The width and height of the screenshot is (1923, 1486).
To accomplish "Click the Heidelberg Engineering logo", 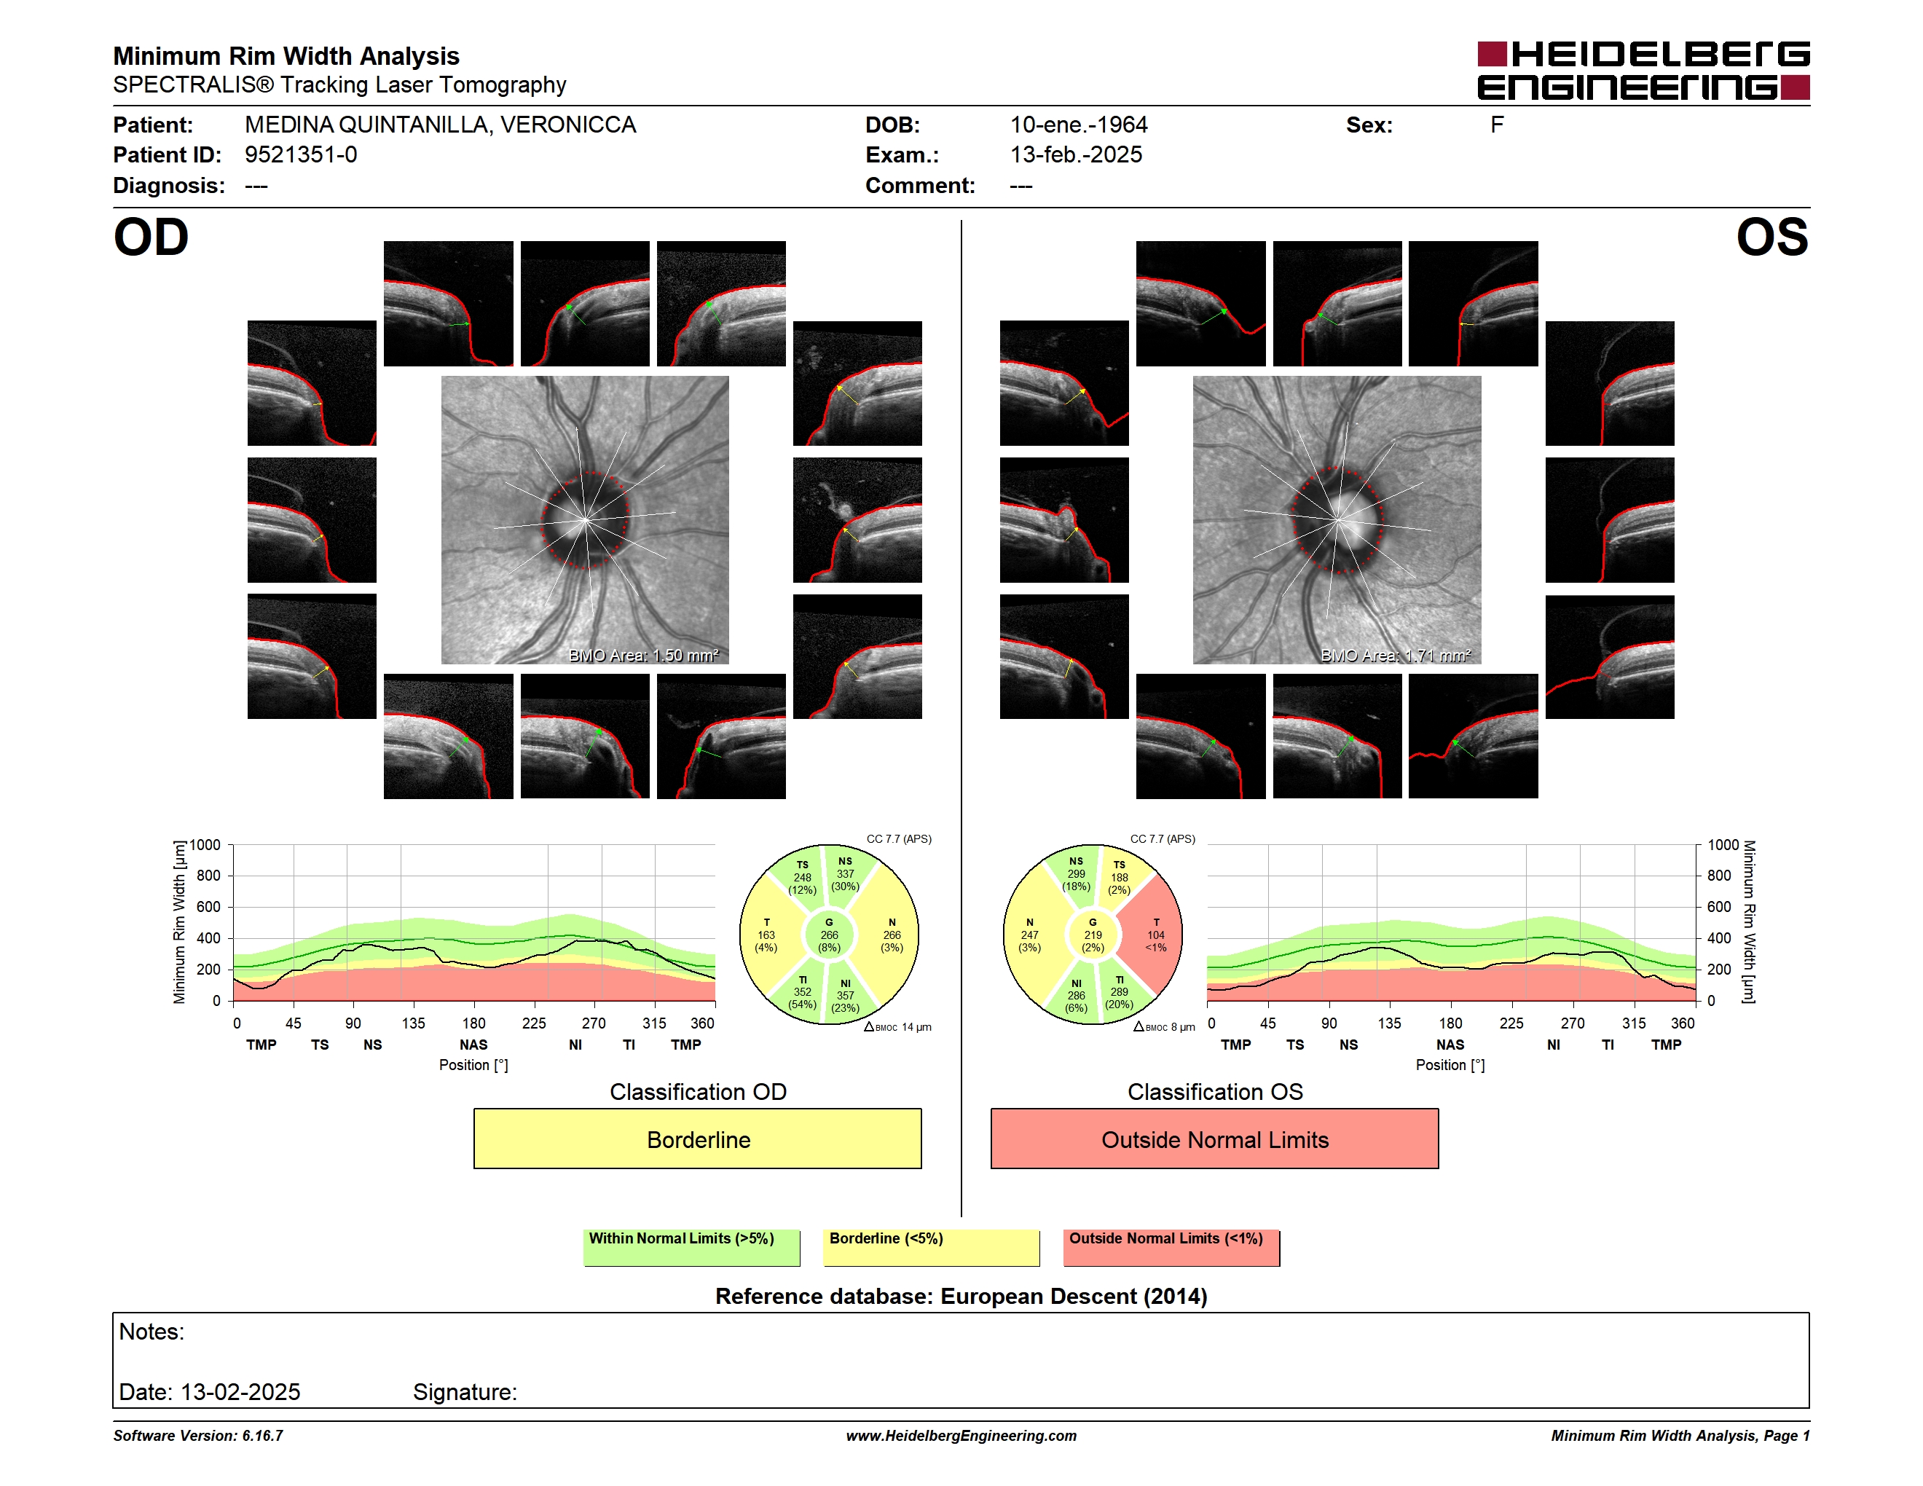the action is (x=1643, y=71).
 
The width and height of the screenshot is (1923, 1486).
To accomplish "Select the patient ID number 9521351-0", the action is (x=301, y=155).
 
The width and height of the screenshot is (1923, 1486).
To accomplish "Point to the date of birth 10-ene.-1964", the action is (x=1079, y=125).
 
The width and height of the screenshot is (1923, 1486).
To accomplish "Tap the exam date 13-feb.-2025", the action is (x=1076, y=155).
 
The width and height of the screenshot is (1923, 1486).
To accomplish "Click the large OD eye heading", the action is (x=152, y=237).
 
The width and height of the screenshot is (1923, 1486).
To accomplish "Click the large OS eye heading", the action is (x=1771, y=237).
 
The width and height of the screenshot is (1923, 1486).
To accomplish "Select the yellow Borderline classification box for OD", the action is (x=697, y=1139).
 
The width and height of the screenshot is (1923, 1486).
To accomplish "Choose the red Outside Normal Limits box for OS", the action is (x=1214, y=1139).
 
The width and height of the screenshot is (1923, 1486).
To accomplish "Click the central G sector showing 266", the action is (x=828, y=935).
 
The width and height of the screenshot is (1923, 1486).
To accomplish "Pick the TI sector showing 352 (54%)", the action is (x=801, y=992).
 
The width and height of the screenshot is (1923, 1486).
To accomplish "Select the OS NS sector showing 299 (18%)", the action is (x=1076, y=874).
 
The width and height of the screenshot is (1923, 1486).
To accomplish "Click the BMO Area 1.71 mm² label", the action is (x=1396, y=655).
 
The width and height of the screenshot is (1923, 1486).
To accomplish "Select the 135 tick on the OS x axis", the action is (x=1389, y=1023).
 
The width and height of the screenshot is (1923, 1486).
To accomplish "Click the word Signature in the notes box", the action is (x=465, y=1392).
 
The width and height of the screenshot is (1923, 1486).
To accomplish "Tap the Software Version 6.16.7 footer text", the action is (x=198, y=1436).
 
